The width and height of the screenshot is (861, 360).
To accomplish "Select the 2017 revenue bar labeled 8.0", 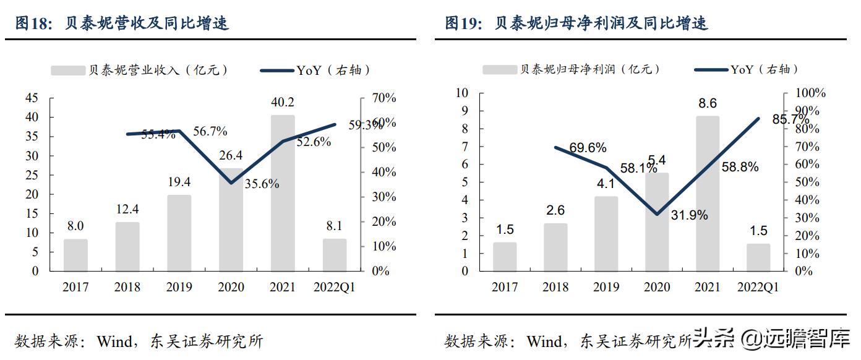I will coord(75,255).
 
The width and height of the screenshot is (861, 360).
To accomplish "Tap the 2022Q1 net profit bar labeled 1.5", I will coord(758,257).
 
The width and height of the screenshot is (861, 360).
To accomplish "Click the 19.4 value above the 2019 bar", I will coord(179,181).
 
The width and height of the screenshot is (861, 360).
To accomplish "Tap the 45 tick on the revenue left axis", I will coord(31,98).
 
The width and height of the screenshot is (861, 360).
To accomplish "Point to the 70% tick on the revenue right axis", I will coord(383,98).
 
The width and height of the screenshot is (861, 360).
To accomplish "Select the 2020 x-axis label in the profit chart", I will coord(657,288).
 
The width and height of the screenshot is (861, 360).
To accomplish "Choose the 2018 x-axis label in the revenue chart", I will coord(127,288).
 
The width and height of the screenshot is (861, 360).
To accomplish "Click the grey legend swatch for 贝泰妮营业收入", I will coord(67,71).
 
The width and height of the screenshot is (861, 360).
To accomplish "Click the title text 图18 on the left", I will coord(32,24).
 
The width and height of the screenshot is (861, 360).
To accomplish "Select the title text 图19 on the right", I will coord(461,24).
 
